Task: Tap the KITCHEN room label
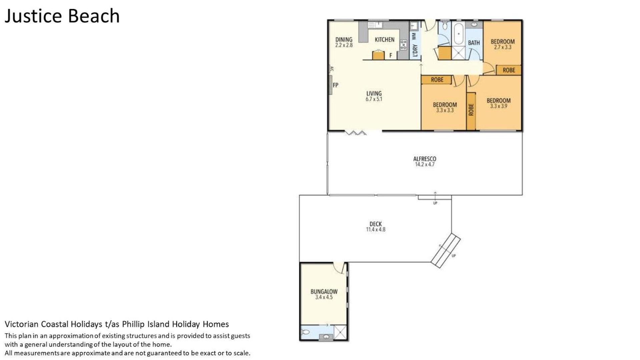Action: pyautogui.click(x=385, y=40)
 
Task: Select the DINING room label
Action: pyautogui.click(x=344, y=40)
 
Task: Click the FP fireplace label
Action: pyautogui.click(x=336, y=85)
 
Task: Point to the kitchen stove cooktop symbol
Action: pyautogui.click(x=404, y=45)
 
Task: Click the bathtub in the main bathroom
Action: pyautogui.click(x=459, y=34)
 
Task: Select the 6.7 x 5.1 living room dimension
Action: pyautogui.click(x=374, y=99)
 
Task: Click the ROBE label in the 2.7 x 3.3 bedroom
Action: pyautogui.click(x=509, y=70)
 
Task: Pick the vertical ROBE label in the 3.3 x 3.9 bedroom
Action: pyautogui.click(x=471, y=110)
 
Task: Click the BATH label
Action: pyautogui.click(x=474, y=43)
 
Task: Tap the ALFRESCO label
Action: pyautogui.click(x=425, y=159)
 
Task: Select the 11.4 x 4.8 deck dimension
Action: pyautogui.click(x=376, y=229)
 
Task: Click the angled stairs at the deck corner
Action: pyautogui.click(x=446, y=250)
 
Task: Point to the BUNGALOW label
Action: pyautogui.click(x=324, y=292)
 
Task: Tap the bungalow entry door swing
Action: pyautogui.click(x=339, y=268)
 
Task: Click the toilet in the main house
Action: pyautogui.click(x=444, y=26)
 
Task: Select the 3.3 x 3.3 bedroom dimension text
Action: pyautogui.click(x=445, y=110)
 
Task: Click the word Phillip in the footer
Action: pyautogui.click(x=132, y=324)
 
